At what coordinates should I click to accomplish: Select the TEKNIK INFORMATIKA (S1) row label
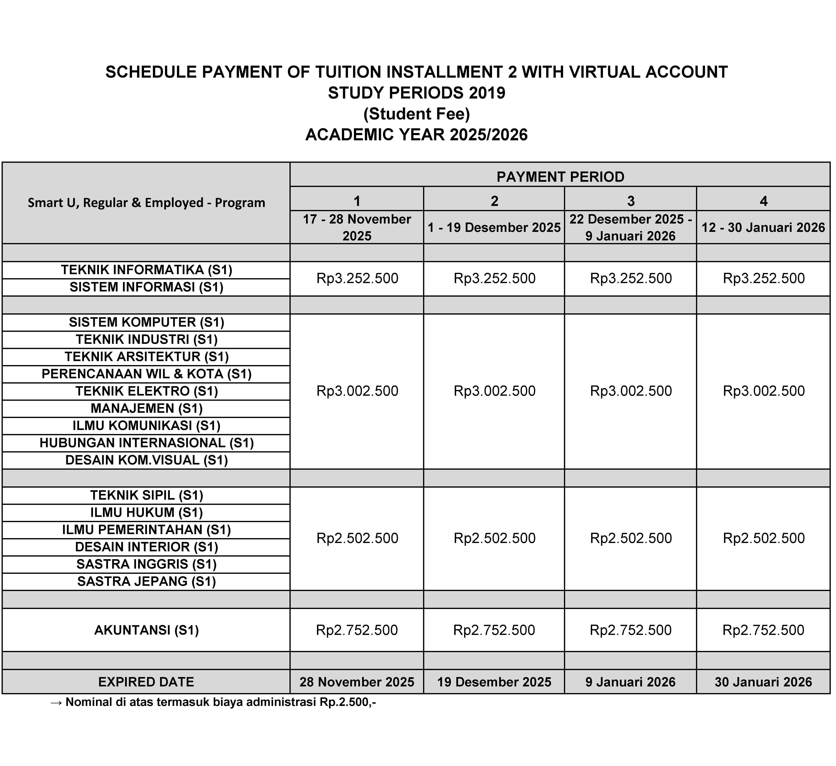point(146,270)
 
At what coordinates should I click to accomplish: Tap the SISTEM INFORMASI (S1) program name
point(146,287)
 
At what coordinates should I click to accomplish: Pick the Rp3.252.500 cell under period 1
point(357,278)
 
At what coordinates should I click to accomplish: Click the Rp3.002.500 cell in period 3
point(631,391)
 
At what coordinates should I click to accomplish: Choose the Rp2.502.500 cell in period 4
point(763,538)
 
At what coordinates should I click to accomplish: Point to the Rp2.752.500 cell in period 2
point(494,630)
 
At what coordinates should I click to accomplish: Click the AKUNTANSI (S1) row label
point(146,630)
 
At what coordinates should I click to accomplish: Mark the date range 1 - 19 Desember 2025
point(494,227)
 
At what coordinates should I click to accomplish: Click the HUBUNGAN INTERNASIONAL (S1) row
point(146,443)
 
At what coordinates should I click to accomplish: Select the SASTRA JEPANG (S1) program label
point(146,581)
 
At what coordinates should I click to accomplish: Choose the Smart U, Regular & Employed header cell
point(146,203)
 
